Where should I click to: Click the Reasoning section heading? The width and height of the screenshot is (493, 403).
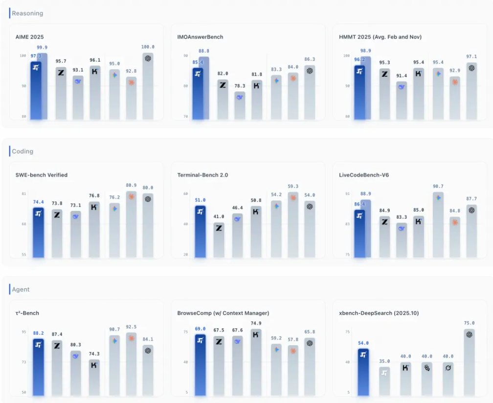click(27, 13)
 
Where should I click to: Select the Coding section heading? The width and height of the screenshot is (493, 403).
click(22, 151)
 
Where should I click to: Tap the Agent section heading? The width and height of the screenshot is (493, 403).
click(21, 290)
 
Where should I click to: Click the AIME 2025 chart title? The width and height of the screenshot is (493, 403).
click(30, 37)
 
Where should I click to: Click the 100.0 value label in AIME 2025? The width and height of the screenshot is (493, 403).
click(148, 47)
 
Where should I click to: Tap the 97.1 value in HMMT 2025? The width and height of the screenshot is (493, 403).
click(471, 57)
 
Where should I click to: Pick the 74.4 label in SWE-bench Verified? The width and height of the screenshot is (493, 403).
click(38, 202)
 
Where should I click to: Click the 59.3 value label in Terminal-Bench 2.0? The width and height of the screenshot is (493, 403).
click(293, 186)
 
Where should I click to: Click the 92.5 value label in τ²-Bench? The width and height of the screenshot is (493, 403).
click(131, 327)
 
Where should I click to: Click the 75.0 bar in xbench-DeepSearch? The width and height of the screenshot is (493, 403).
click(469, 362)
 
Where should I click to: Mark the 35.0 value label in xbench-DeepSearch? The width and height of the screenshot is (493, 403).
click(384, 361)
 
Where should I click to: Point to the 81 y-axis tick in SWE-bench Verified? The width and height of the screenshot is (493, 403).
click(24, 194)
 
